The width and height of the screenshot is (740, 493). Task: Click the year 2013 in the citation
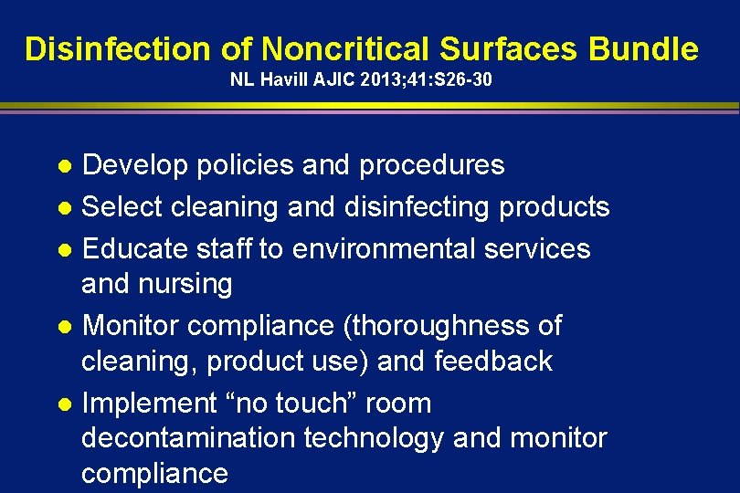coord(376,80)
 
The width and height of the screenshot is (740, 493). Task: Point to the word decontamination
coord(188,438)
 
